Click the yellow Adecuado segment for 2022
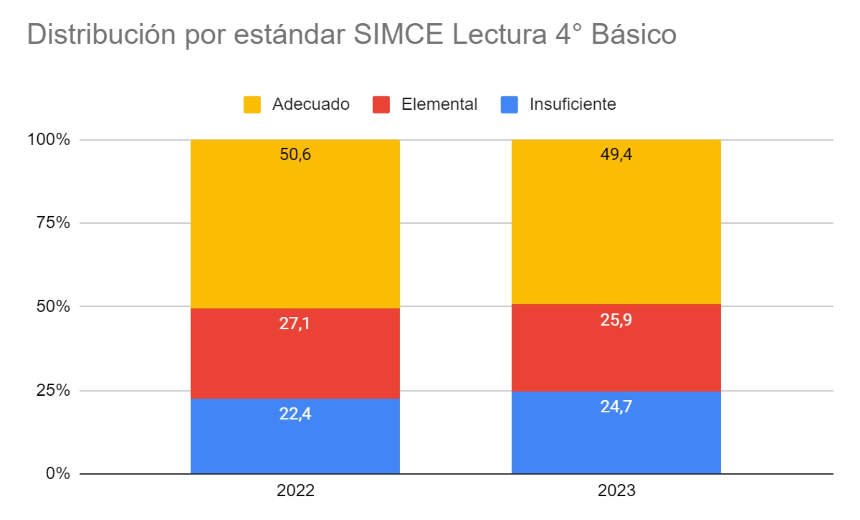pos(295,232)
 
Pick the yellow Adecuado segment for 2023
pos(616,232)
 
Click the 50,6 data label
pos(295,154)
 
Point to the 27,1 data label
pos(294,323)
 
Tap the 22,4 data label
pos(295,414)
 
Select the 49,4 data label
pos(616,154)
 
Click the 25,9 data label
pos(616,320)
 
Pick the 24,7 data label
pos(616,406)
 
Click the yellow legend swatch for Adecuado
pos(252,105)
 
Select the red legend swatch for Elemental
pos(381,105)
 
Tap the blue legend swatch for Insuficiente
pos(509,105)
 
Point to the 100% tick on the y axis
pos(49,139)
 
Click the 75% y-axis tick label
pos(53,223)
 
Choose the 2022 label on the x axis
pos(295,490)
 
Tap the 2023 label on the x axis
pos(616,490)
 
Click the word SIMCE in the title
pos(398,34)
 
